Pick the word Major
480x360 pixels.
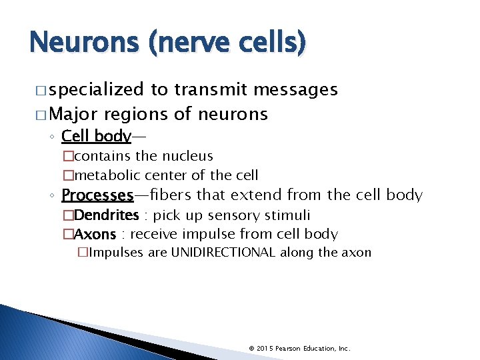click(74, 114)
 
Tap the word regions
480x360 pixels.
click(136, 115)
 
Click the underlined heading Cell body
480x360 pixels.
click(96, 136)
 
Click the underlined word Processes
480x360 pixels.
click(97, 195)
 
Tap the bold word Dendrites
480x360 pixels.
click(106, 215)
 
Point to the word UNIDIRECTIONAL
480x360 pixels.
click(223, 253)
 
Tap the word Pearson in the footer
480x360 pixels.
click(291, 348)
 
